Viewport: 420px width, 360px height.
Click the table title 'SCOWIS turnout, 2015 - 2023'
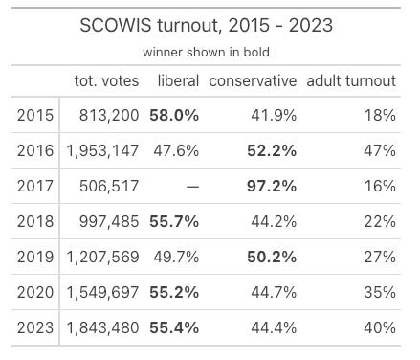click(208, 25)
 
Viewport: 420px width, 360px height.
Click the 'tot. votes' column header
click(106, 80)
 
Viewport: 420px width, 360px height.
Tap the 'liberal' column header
click(177, 80)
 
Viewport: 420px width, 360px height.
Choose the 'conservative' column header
click(253, 80)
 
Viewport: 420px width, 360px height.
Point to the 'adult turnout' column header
click(350, 80)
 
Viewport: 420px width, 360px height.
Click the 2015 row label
click(34, 115)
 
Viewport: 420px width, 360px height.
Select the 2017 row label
click(34, 186)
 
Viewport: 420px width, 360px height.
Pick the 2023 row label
click(34, 327)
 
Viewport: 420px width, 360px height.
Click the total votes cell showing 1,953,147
click(102, 150)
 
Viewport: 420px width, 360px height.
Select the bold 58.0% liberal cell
click(174, 115)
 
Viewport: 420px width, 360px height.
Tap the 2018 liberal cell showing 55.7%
click(174, 221)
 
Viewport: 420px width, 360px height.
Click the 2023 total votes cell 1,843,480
click(102, 327)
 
